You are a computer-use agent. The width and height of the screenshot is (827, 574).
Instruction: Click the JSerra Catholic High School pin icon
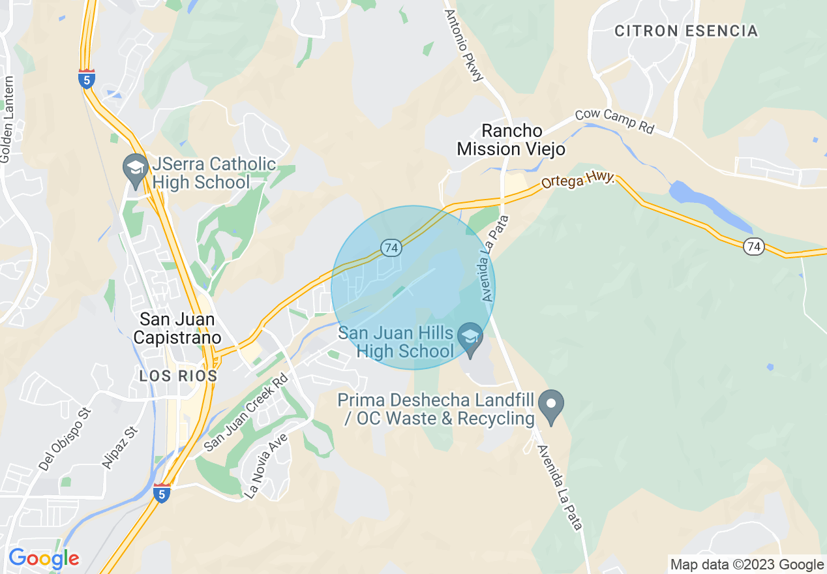[136, 166]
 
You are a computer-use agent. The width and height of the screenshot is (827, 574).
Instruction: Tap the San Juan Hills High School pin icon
[470, 337]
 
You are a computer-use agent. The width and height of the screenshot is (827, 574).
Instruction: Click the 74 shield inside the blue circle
[391, 248]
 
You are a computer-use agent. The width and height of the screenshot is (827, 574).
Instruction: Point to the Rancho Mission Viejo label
[510, 140]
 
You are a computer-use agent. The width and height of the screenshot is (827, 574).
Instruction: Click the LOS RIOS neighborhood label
[178, 376]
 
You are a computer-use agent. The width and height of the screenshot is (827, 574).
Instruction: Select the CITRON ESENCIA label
[686, 31]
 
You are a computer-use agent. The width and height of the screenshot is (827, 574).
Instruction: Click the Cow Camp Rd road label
[614, 121]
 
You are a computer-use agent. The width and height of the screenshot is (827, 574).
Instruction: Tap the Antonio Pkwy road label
[464, 44]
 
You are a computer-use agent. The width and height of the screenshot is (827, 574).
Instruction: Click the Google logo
[44, 558]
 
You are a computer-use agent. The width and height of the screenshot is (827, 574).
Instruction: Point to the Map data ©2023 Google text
[747, 564]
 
